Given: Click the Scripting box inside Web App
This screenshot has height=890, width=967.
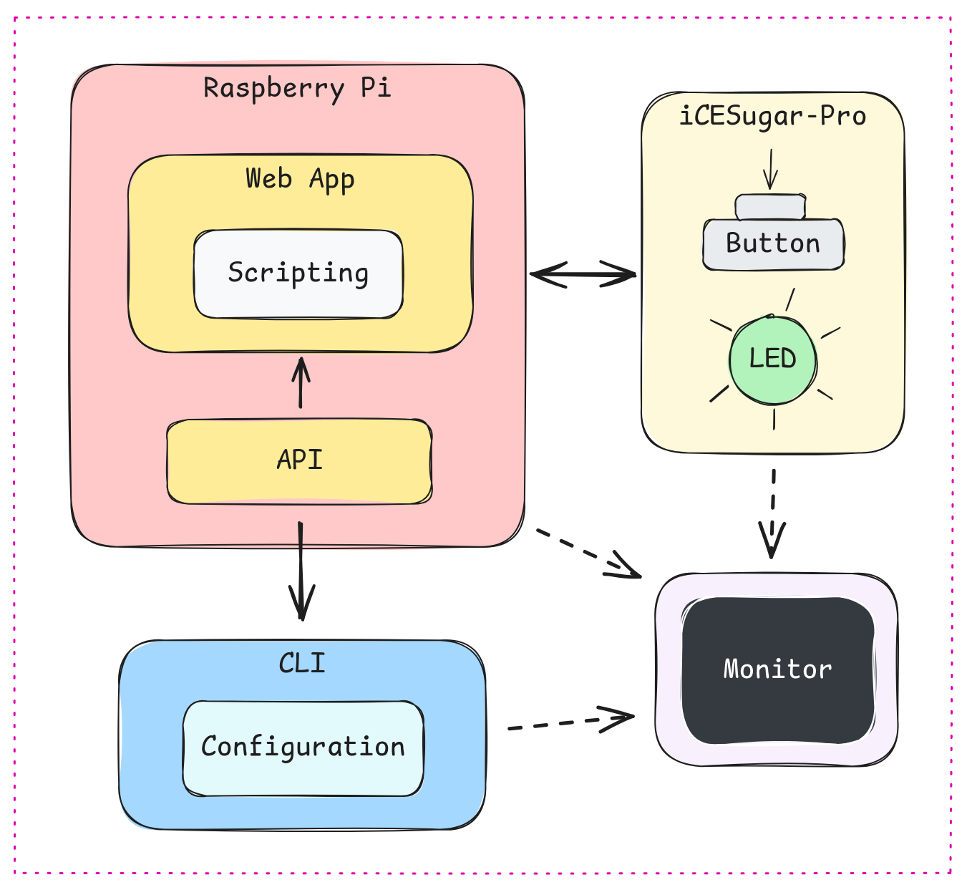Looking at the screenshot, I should (x=298, y=274).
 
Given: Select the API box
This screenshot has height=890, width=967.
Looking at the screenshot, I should (x=299, y=460).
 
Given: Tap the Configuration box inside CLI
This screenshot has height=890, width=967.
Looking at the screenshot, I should (x=303, y=748).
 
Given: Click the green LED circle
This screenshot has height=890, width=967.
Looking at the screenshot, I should (x=773, y=359).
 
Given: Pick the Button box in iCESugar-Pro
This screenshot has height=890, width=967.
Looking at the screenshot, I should (x=773, y=244).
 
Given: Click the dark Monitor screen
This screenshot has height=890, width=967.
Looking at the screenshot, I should (x=778, y=670).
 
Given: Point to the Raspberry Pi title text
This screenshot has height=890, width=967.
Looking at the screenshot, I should (x=297, y=88).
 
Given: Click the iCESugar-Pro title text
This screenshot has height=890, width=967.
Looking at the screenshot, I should (x=772, y=116).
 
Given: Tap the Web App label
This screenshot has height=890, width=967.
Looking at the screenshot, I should (x=300, y=178).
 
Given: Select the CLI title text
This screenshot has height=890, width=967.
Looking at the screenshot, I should (x=302, y=663).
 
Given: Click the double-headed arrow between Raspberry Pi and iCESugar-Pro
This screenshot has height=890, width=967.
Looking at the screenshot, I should (x=583, y=274).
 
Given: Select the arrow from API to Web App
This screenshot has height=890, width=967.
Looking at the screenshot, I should (x=301, y=383).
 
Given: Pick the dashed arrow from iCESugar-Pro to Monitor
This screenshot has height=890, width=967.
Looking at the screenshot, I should (x=773, y=512).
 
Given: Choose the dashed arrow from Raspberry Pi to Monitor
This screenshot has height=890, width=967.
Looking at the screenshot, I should (x=588, y=553).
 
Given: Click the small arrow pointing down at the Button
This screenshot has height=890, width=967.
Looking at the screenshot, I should (x=770, y=169).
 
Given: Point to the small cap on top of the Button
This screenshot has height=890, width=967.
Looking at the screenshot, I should (x=770, y=206).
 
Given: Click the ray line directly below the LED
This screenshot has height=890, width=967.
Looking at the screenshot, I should (x=774, y=419).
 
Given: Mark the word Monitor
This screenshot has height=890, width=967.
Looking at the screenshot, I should (x=778, y=669).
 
